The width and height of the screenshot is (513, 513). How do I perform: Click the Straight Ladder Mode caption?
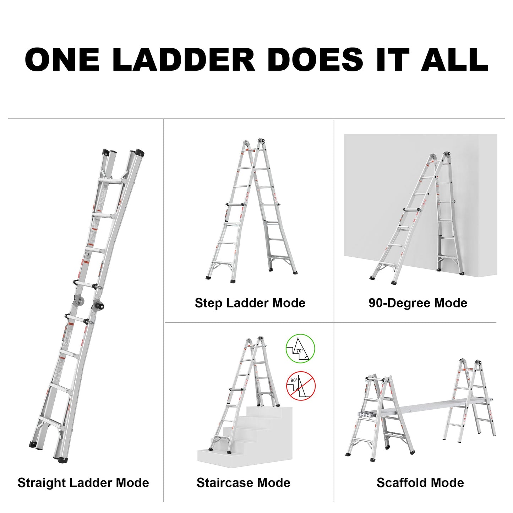click(x=83, y=483)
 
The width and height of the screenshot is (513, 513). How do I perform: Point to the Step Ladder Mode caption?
click(x=250, y=303)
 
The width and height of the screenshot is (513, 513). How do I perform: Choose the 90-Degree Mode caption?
click(x=418, y=303)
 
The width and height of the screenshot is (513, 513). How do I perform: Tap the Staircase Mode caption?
click(x=243, y=483)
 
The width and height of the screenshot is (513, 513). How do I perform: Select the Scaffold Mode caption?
click(x=420, y=483)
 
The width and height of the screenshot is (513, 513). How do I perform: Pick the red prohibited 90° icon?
click(x=301, y=386)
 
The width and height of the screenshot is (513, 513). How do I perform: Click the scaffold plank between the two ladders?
click(x=426, y=408)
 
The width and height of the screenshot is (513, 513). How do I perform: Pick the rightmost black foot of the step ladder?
click(x=294, y=273)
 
